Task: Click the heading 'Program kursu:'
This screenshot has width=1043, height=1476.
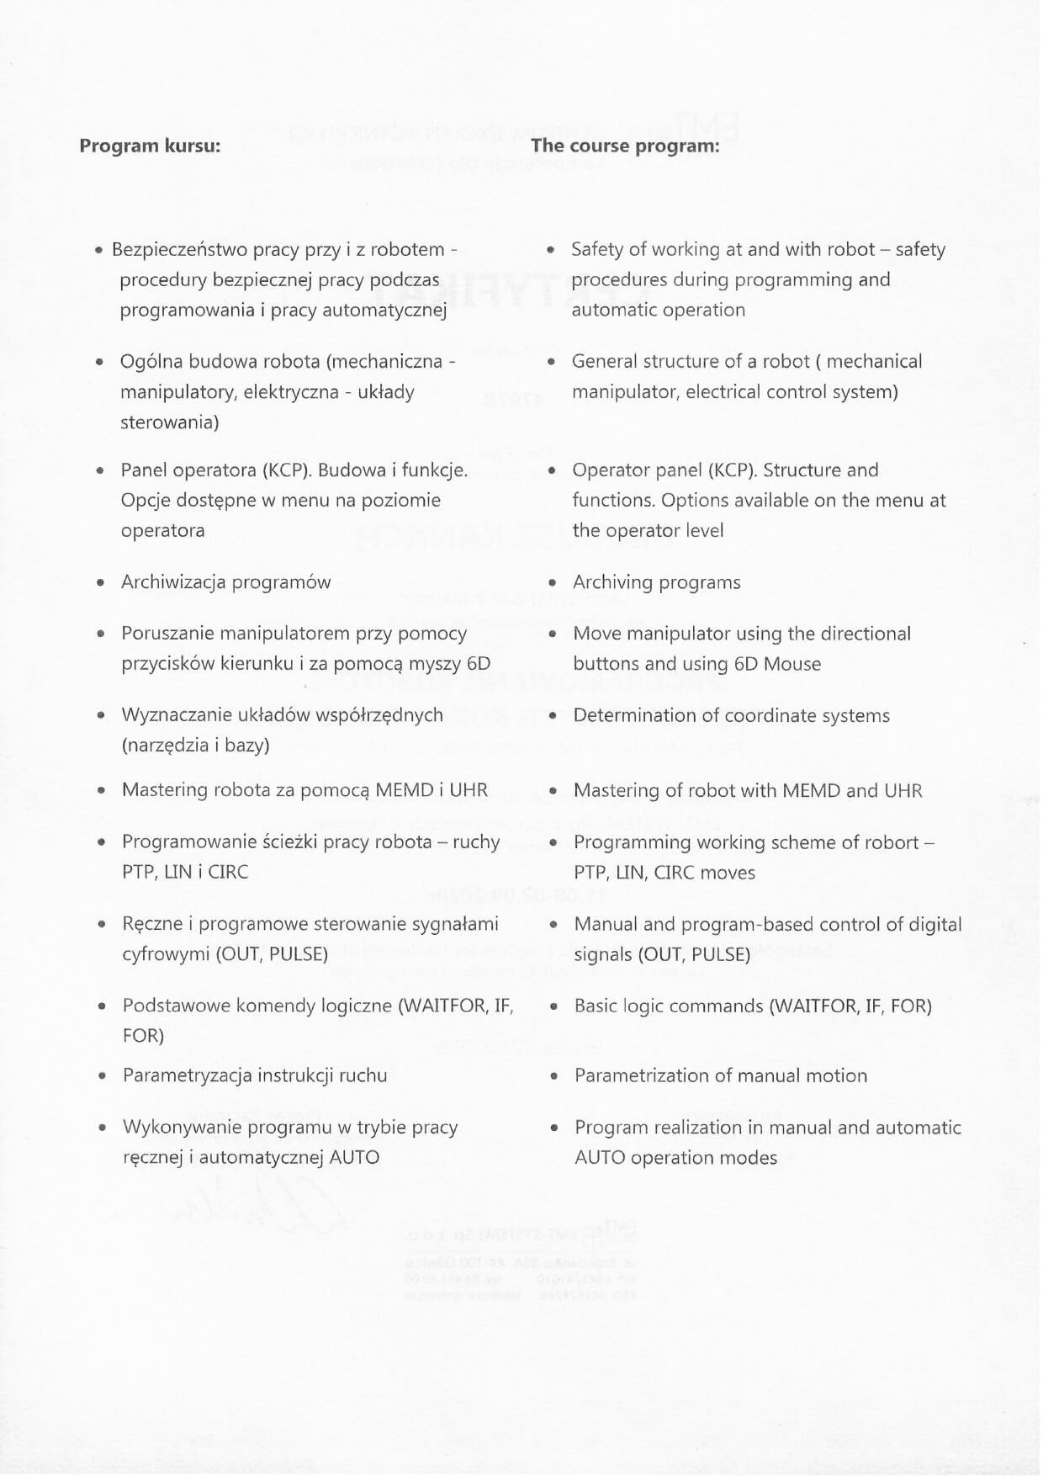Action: [x=150, y=146]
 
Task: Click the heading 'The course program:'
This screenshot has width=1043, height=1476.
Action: [x=625, y=146]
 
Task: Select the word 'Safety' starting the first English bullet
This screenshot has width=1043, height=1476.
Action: [x=597, y=250]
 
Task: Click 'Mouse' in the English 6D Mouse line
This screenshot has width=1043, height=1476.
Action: [x=792, y=664]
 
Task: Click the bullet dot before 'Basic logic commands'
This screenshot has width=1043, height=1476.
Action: [x=553, y=1006]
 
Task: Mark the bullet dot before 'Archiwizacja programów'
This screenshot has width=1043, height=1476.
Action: [x=101, y=582]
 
